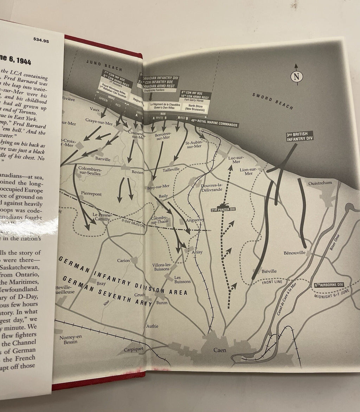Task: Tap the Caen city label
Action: [x=220, y=350]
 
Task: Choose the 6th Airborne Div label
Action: [x=328, y=285]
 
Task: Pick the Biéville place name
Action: [x=269, y=271]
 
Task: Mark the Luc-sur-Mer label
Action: [x=234, y=160]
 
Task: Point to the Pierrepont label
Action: [x=91, y=194]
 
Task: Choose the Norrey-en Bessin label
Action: [x=70, y=339]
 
